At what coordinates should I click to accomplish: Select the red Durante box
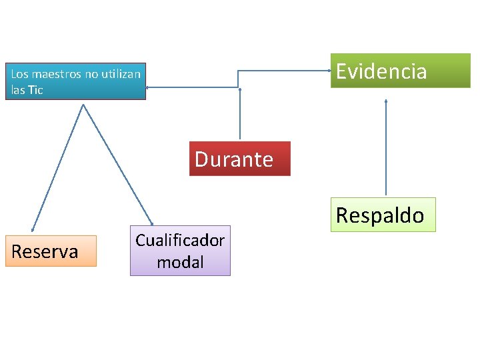pos(239,159)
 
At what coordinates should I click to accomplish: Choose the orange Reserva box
pos(51,251)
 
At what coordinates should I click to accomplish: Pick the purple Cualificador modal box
pos(180,251)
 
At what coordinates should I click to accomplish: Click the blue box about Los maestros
pos(75,81)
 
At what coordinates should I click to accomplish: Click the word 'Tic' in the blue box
pos(36,90)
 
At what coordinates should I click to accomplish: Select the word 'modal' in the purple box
pos(180,262)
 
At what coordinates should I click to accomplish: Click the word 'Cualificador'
pos(180,240)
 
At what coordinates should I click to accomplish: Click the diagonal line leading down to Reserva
pos(57,167)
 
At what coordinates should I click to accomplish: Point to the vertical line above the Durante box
pos(240,117)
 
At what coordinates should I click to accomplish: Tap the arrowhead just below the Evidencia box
pos(386,101)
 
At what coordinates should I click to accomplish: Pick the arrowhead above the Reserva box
pos(32,229)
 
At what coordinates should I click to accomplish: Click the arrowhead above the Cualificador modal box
pos(152,222)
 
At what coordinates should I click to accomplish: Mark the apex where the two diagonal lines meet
pos(83,105)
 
